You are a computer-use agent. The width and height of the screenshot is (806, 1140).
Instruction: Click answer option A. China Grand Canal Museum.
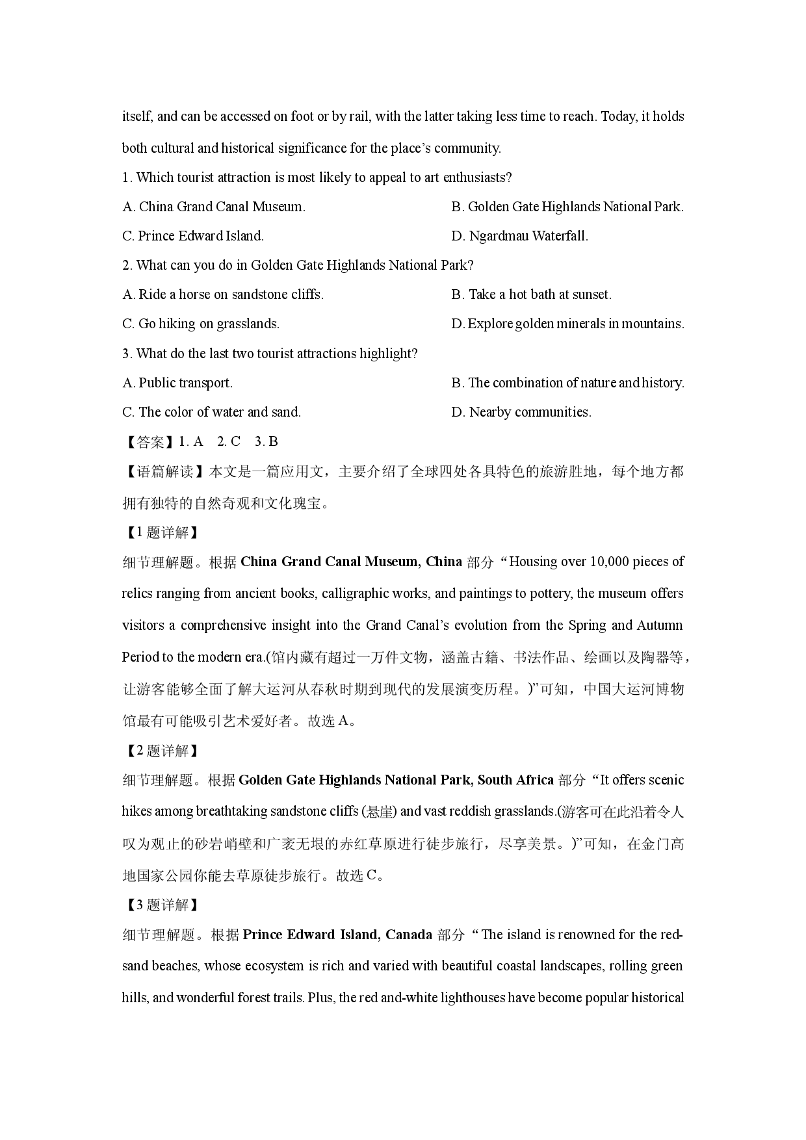(214, 207)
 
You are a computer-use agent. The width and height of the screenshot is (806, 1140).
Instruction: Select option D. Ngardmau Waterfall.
(519, 236)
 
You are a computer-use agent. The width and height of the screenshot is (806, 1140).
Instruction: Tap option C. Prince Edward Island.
(193, 236)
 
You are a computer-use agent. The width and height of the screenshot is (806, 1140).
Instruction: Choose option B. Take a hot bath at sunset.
(531, 294)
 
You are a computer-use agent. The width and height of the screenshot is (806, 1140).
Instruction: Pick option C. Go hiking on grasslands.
(201, 324)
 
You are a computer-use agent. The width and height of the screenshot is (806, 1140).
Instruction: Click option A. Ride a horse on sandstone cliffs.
(223, 294)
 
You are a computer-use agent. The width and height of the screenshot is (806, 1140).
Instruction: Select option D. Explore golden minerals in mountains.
(567, 324)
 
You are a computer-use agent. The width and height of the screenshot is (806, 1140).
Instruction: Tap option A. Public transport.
(177, 383)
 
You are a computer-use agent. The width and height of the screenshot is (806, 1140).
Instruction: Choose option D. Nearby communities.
(521, 412)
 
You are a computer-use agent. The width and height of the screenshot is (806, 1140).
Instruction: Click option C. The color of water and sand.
(212, 412)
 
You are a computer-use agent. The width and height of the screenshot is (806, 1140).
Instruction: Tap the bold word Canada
(409, 935)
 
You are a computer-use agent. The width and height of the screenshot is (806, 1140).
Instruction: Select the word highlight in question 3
(388, 354)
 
